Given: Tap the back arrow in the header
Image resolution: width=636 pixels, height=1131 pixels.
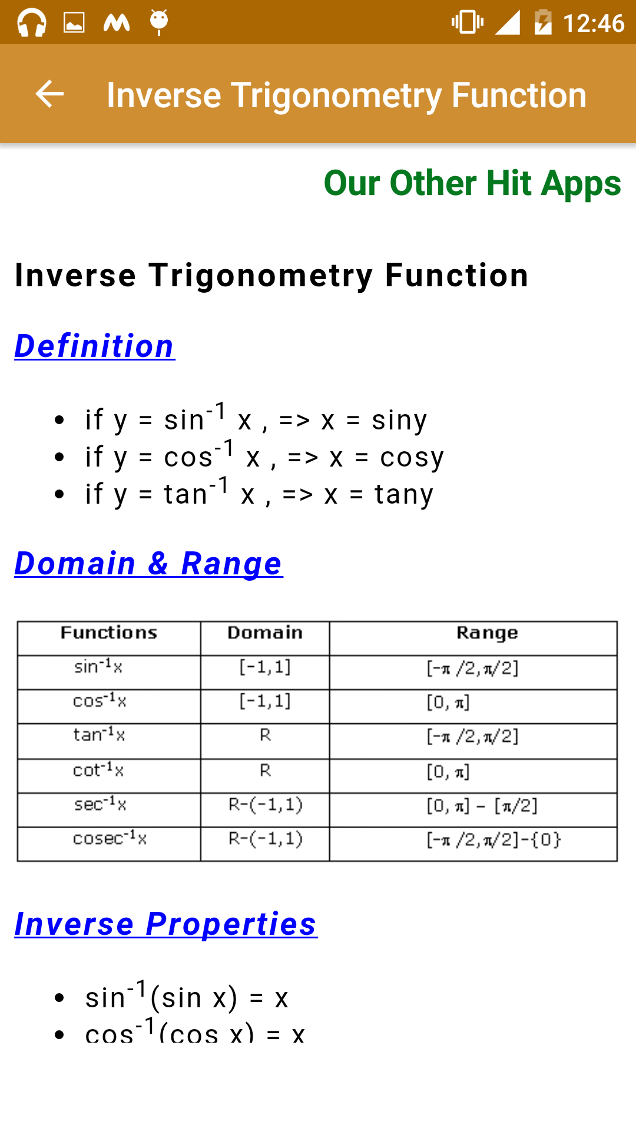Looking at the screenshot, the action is (x=49, y=94).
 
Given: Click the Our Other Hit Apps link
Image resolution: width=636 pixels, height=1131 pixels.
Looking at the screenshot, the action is (x=472, y=183).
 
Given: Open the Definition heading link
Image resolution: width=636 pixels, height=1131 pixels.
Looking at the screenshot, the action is (x=95, y=346).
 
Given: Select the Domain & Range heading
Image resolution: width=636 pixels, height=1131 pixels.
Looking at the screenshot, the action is (x=148, y=564).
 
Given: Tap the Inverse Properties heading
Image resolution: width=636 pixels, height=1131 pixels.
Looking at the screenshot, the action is (x=165, y=924).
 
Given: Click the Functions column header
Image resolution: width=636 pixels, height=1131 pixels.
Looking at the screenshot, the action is (x=109, y=633).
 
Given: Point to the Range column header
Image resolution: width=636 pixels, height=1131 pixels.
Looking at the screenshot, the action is (x=487, y=633).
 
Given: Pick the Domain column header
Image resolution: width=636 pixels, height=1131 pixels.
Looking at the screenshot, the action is (x=265, y=633).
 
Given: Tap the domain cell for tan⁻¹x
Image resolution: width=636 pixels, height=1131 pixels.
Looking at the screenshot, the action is (x=266, y=735).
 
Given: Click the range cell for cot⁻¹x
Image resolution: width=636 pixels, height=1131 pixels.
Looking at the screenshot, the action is (x=448, y=771).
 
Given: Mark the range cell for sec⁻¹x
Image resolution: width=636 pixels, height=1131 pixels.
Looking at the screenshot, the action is (x=482, y=805).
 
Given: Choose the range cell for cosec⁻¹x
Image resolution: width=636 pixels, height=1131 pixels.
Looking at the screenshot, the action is (x=494, y=839).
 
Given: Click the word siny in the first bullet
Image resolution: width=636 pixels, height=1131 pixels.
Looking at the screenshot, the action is (x=399, y=421).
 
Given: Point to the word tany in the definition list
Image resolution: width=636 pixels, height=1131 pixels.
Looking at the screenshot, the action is (x=405, y=494).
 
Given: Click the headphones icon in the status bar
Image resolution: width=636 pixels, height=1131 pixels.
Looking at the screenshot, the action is (x=32, y=23).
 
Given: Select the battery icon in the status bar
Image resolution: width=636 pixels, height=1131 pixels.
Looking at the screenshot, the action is (x=543, y=22).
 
